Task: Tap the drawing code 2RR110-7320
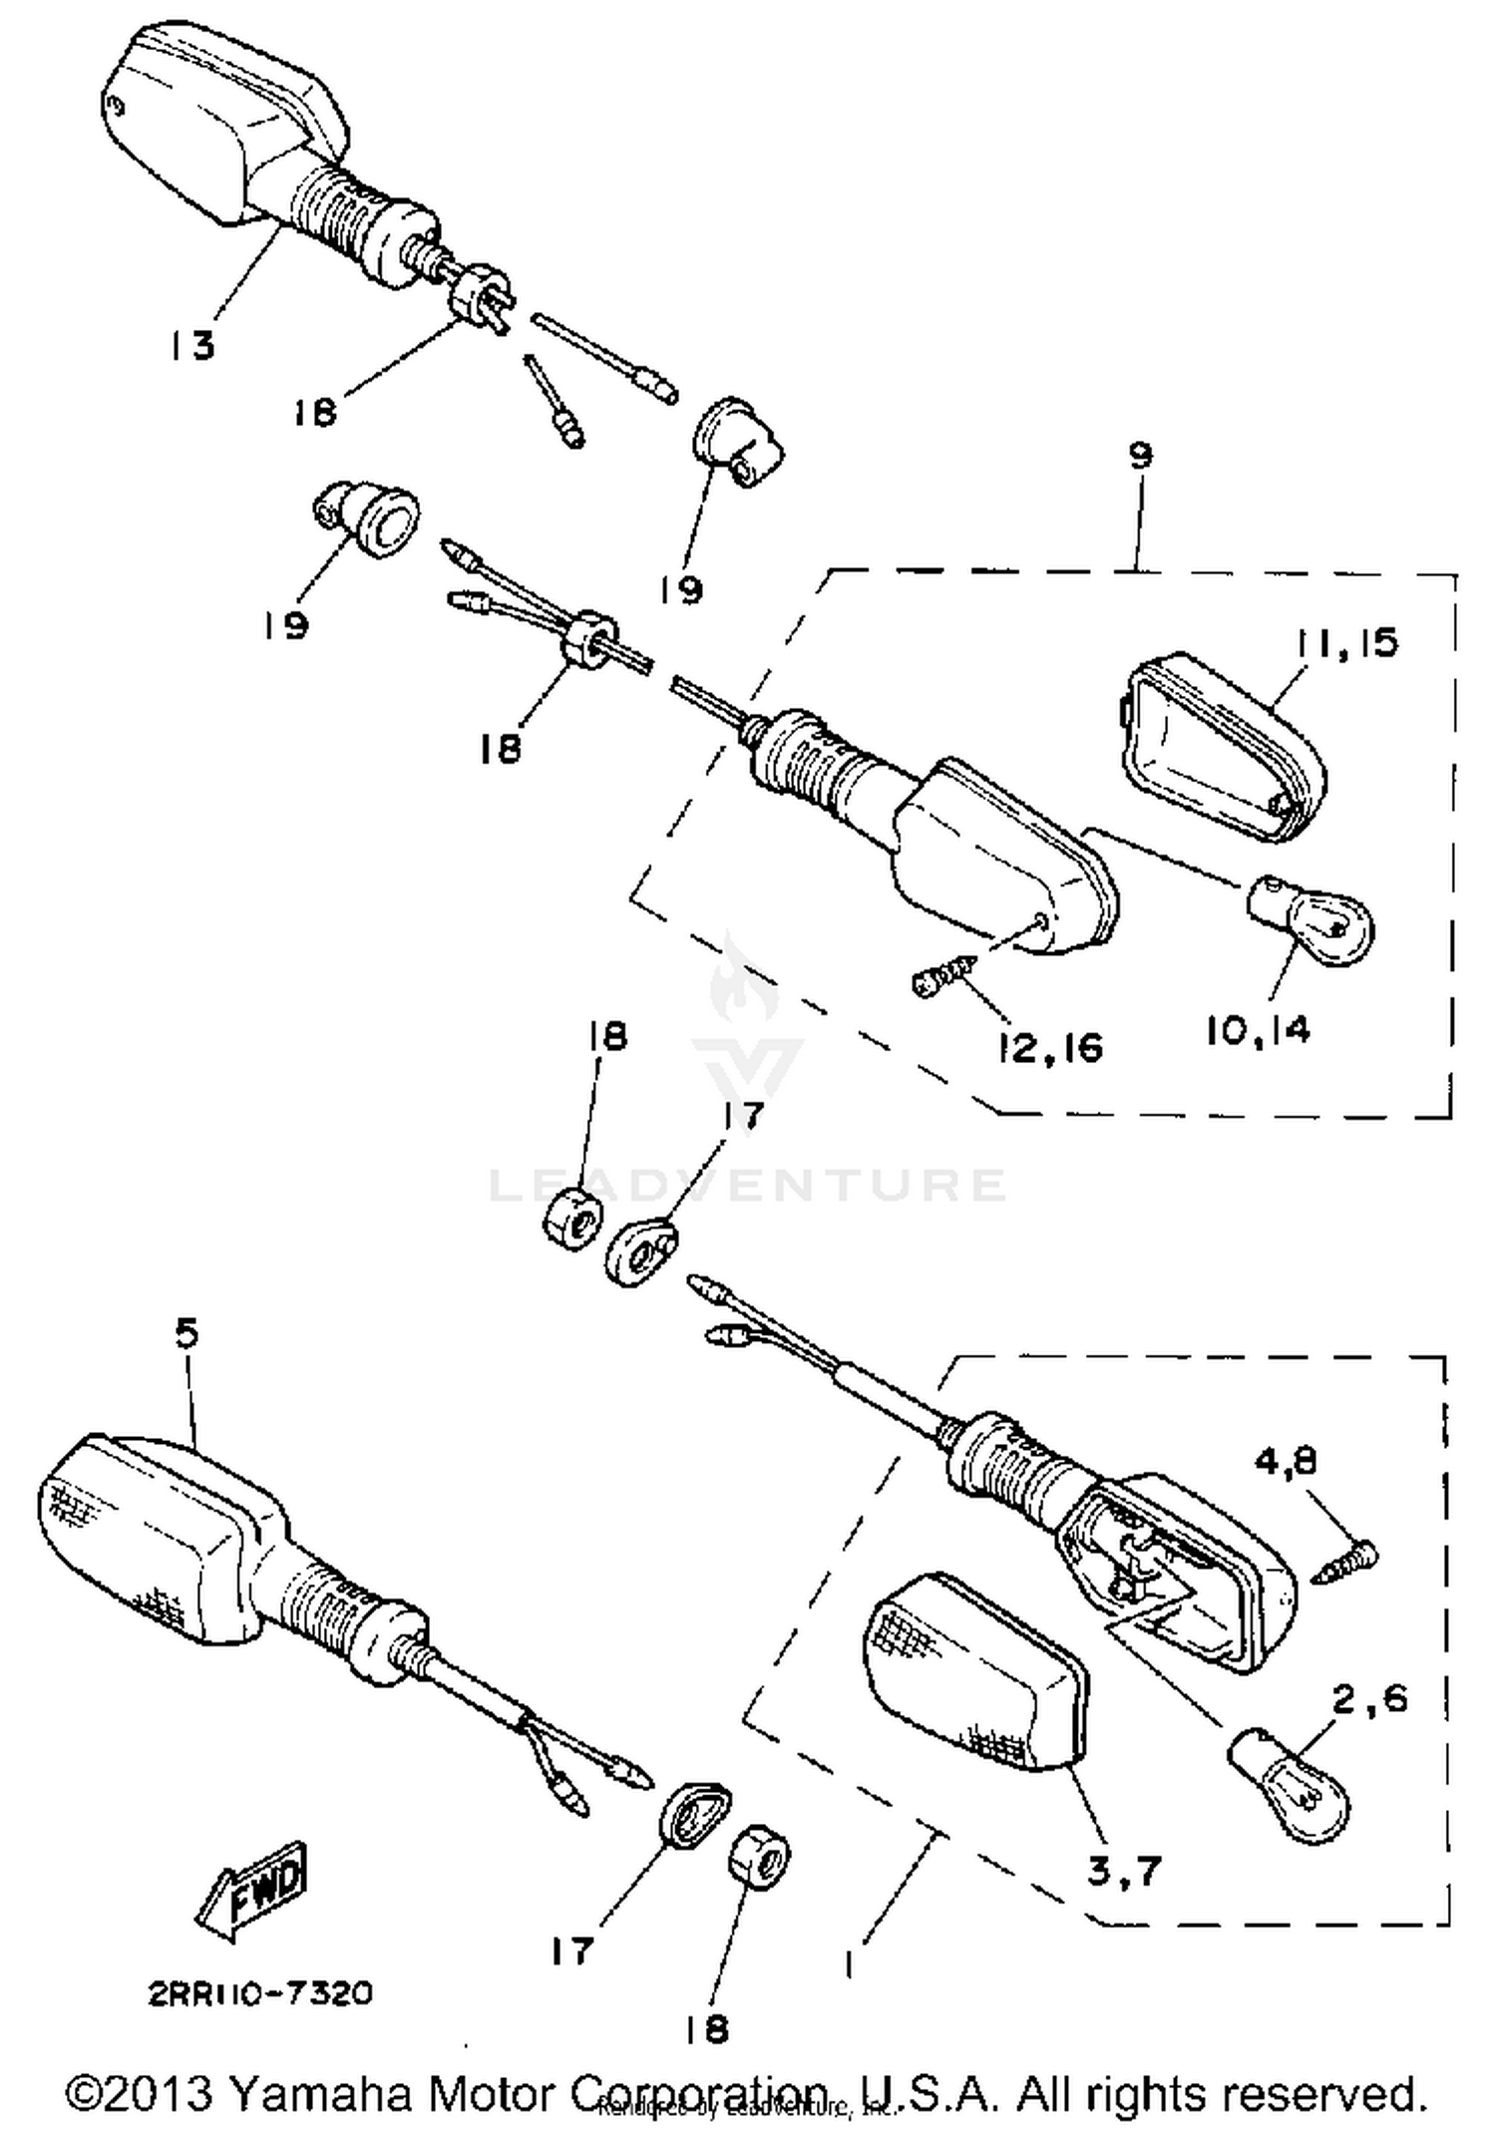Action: (x=260, y=1993)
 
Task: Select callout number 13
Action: (x=190, y=346)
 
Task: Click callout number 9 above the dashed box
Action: (x=1141, y=455)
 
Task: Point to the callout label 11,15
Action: (x=1348, y=643)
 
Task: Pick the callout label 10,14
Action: (x=1257, y=1030)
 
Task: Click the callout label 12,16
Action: (x=1050, y=1047)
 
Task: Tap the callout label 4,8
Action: (x=1286, y=1461)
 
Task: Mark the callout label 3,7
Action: (x=1125, y=1872)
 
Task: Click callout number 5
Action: (x=187, y=1332)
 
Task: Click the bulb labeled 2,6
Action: (x=1294, y=1795)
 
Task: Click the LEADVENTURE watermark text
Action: (x=748, y=1185)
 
